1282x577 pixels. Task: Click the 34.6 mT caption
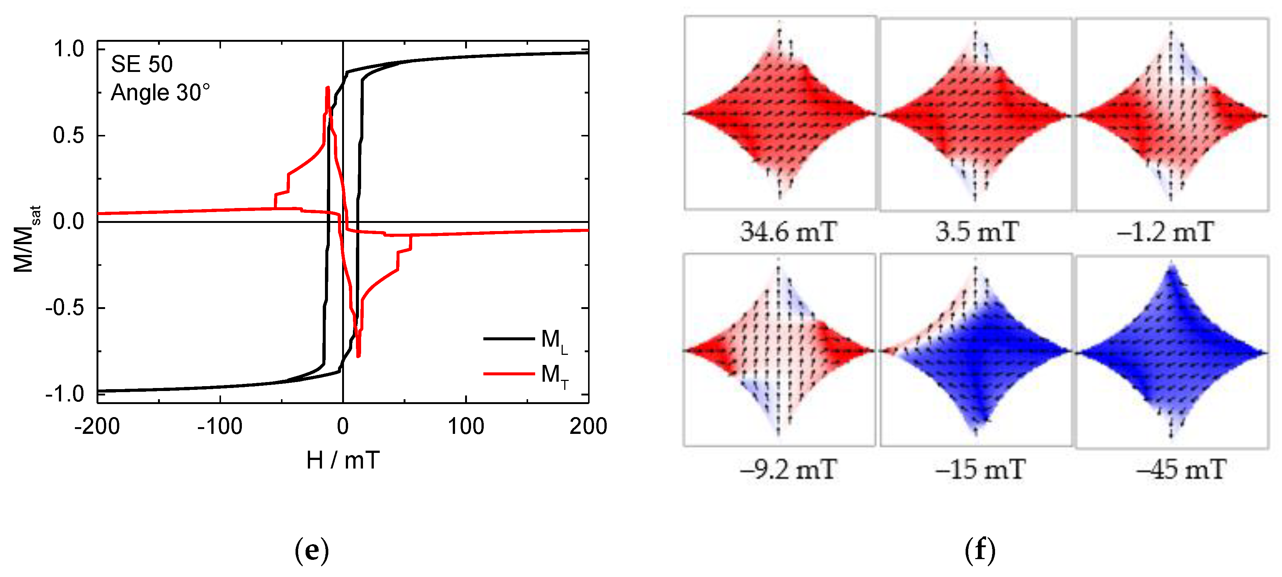click(x=788, y=232)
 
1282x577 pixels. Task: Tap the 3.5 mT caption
click(x=977, y=232)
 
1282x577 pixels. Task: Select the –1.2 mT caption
click(x=1165, y=232)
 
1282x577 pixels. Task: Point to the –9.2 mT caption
click(x=788, y=470)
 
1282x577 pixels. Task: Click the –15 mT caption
click(x=979, y=470)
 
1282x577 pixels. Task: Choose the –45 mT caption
click(x=1181, y=470)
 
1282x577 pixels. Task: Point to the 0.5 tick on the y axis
click(x=69, y=135)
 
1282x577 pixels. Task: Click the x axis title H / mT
click(x=343, y=460)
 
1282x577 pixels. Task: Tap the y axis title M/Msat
click(x=25, y=239)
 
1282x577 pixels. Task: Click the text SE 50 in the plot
click(x=142, y=64)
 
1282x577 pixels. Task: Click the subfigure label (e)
click(x=312, y=550)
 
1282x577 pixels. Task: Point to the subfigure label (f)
click(x=980, y=550)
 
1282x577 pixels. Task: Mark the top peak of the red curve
click(x=328, y=88)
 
